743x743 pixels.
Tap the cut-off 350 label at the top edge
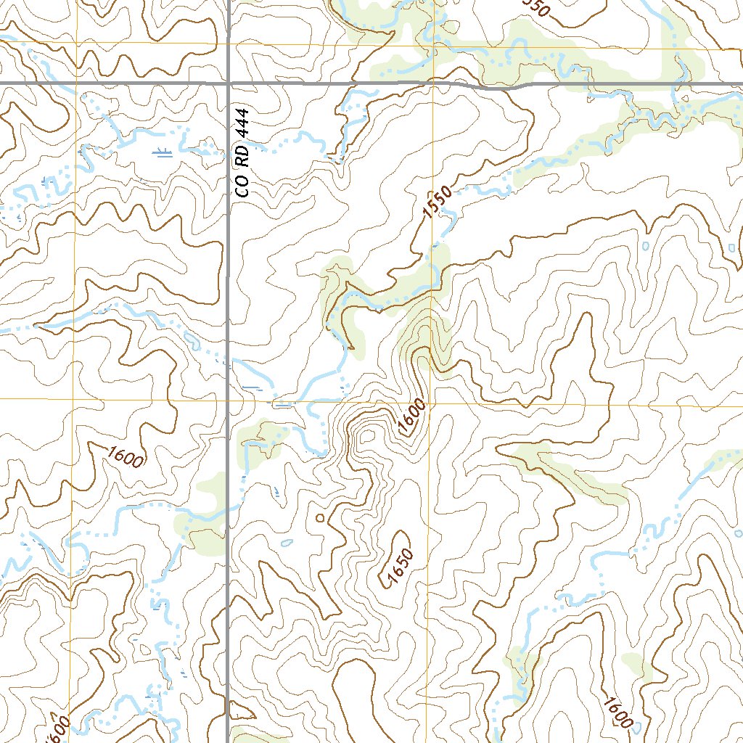(535, 7)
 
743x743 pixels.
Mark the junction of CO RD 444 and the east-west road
(229, 84)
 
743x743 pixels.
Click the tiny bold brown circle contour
(320, 518)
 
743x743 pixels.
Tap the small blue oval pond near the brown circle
(287, 542)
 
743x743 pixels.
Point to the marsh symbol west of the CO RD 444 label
(165, 152)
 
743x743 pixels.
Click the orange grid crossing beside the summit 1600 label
(428, 401)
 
